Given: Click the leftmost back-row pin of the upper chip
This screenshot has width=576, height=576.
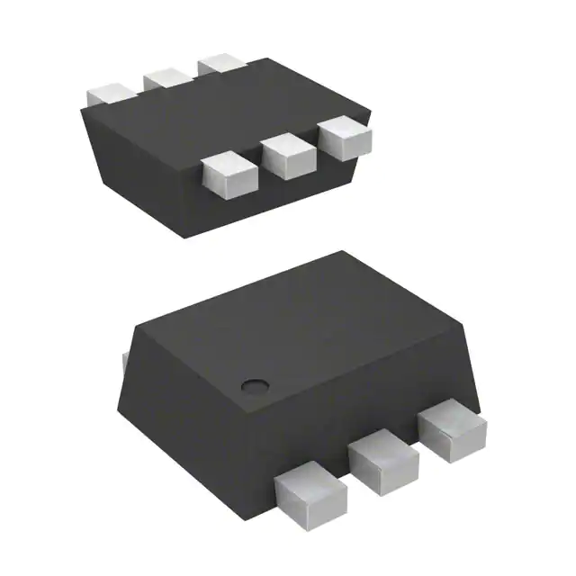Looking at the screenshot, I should (x=111, y=93).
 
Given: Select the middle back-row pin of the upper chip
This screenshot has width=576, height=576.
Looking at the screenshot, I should (x=165, y=78).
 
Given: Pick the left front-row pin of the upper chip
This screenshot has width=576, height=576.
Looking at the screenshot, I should (x=225, y=176).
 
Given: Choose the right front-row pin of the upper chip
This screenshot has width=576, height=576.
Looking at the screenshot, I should (x=345, y=139).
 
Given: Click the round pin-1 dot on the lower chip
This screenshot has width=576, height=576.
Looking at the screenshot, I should (x=256, y=385).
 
